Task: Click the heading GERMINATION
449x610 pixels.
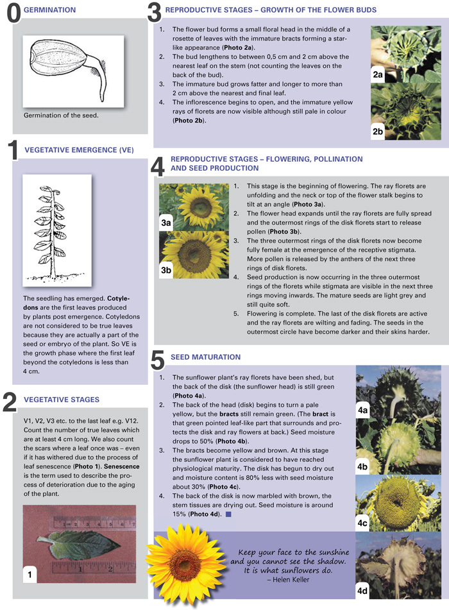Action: tap(49, 10)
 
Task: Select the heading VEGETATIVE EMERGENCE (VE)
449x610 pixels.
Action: tap(79, 150)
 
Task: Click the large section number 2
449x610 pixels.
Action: tap(10, 402)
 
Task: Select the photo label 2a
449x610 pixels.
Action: tap(378, 75)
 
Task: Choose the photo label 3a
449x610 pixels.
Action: tap(166, 222)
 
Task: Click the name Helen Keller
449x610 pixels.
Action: tap(293, 579)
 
